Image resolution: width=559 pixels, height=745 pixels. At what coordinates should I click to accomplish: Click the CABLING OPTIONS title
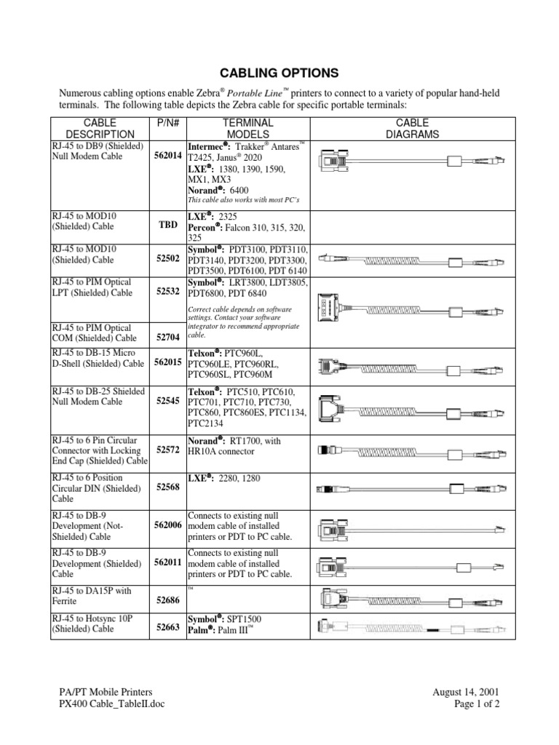click(x=279, y=73)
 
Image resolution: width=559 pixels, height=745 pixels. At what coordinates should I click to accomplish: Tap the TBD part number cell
click(x=168, y=225)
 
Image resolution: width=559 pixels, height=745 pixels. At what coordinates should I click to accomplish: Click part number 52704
click(x=168, y=338)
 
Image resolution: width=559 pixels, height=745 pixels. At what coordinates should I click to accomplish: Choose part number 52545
click(x=168, y=401)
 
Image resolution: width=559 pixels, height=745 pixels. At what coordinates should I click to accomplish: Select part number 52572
click(x=168, y=451)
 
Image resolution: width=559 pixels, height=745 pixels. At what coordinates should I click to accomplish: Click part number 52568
click(x=168, y=488)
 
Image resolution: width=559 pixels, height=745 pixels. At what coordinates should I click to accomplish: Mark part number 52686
click(x=168, y=601)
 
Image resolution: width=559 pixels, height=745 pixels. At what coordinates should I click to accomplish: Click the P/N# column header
click(x=168, y=124)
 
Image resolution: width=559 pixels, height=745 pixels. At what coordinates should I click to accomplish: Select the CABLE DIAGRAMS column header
click(x=413, y=129)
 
